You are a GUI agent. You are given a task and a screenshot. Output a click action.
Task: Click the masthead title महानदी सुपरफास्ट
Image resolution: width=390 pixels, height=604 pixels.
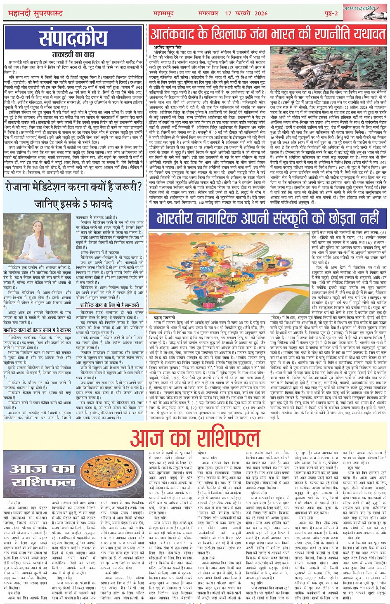[x=36, y=14]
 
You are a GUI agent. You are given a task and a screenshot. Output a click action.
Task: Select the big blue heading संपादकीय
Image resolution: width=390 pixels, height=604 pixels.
[x=73, y=39]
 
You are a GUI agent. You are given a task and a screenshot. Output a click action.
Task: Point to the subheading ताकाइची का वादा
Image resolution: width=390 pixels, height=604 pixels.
[x=73, y=54]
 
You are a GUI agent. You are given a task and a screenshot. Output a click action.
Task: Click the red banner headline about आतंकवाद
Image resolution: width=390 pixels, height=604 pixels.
[x=267, y=34]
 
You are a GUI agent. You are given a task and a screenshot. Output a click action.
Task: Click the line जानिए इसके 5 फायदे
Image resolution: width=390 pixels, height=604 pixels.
[x=73, y=204]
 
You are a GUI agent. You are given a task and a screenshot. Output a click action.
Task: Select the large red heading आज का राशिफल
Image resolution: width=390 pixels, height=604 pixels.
[x=195, y=438]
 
